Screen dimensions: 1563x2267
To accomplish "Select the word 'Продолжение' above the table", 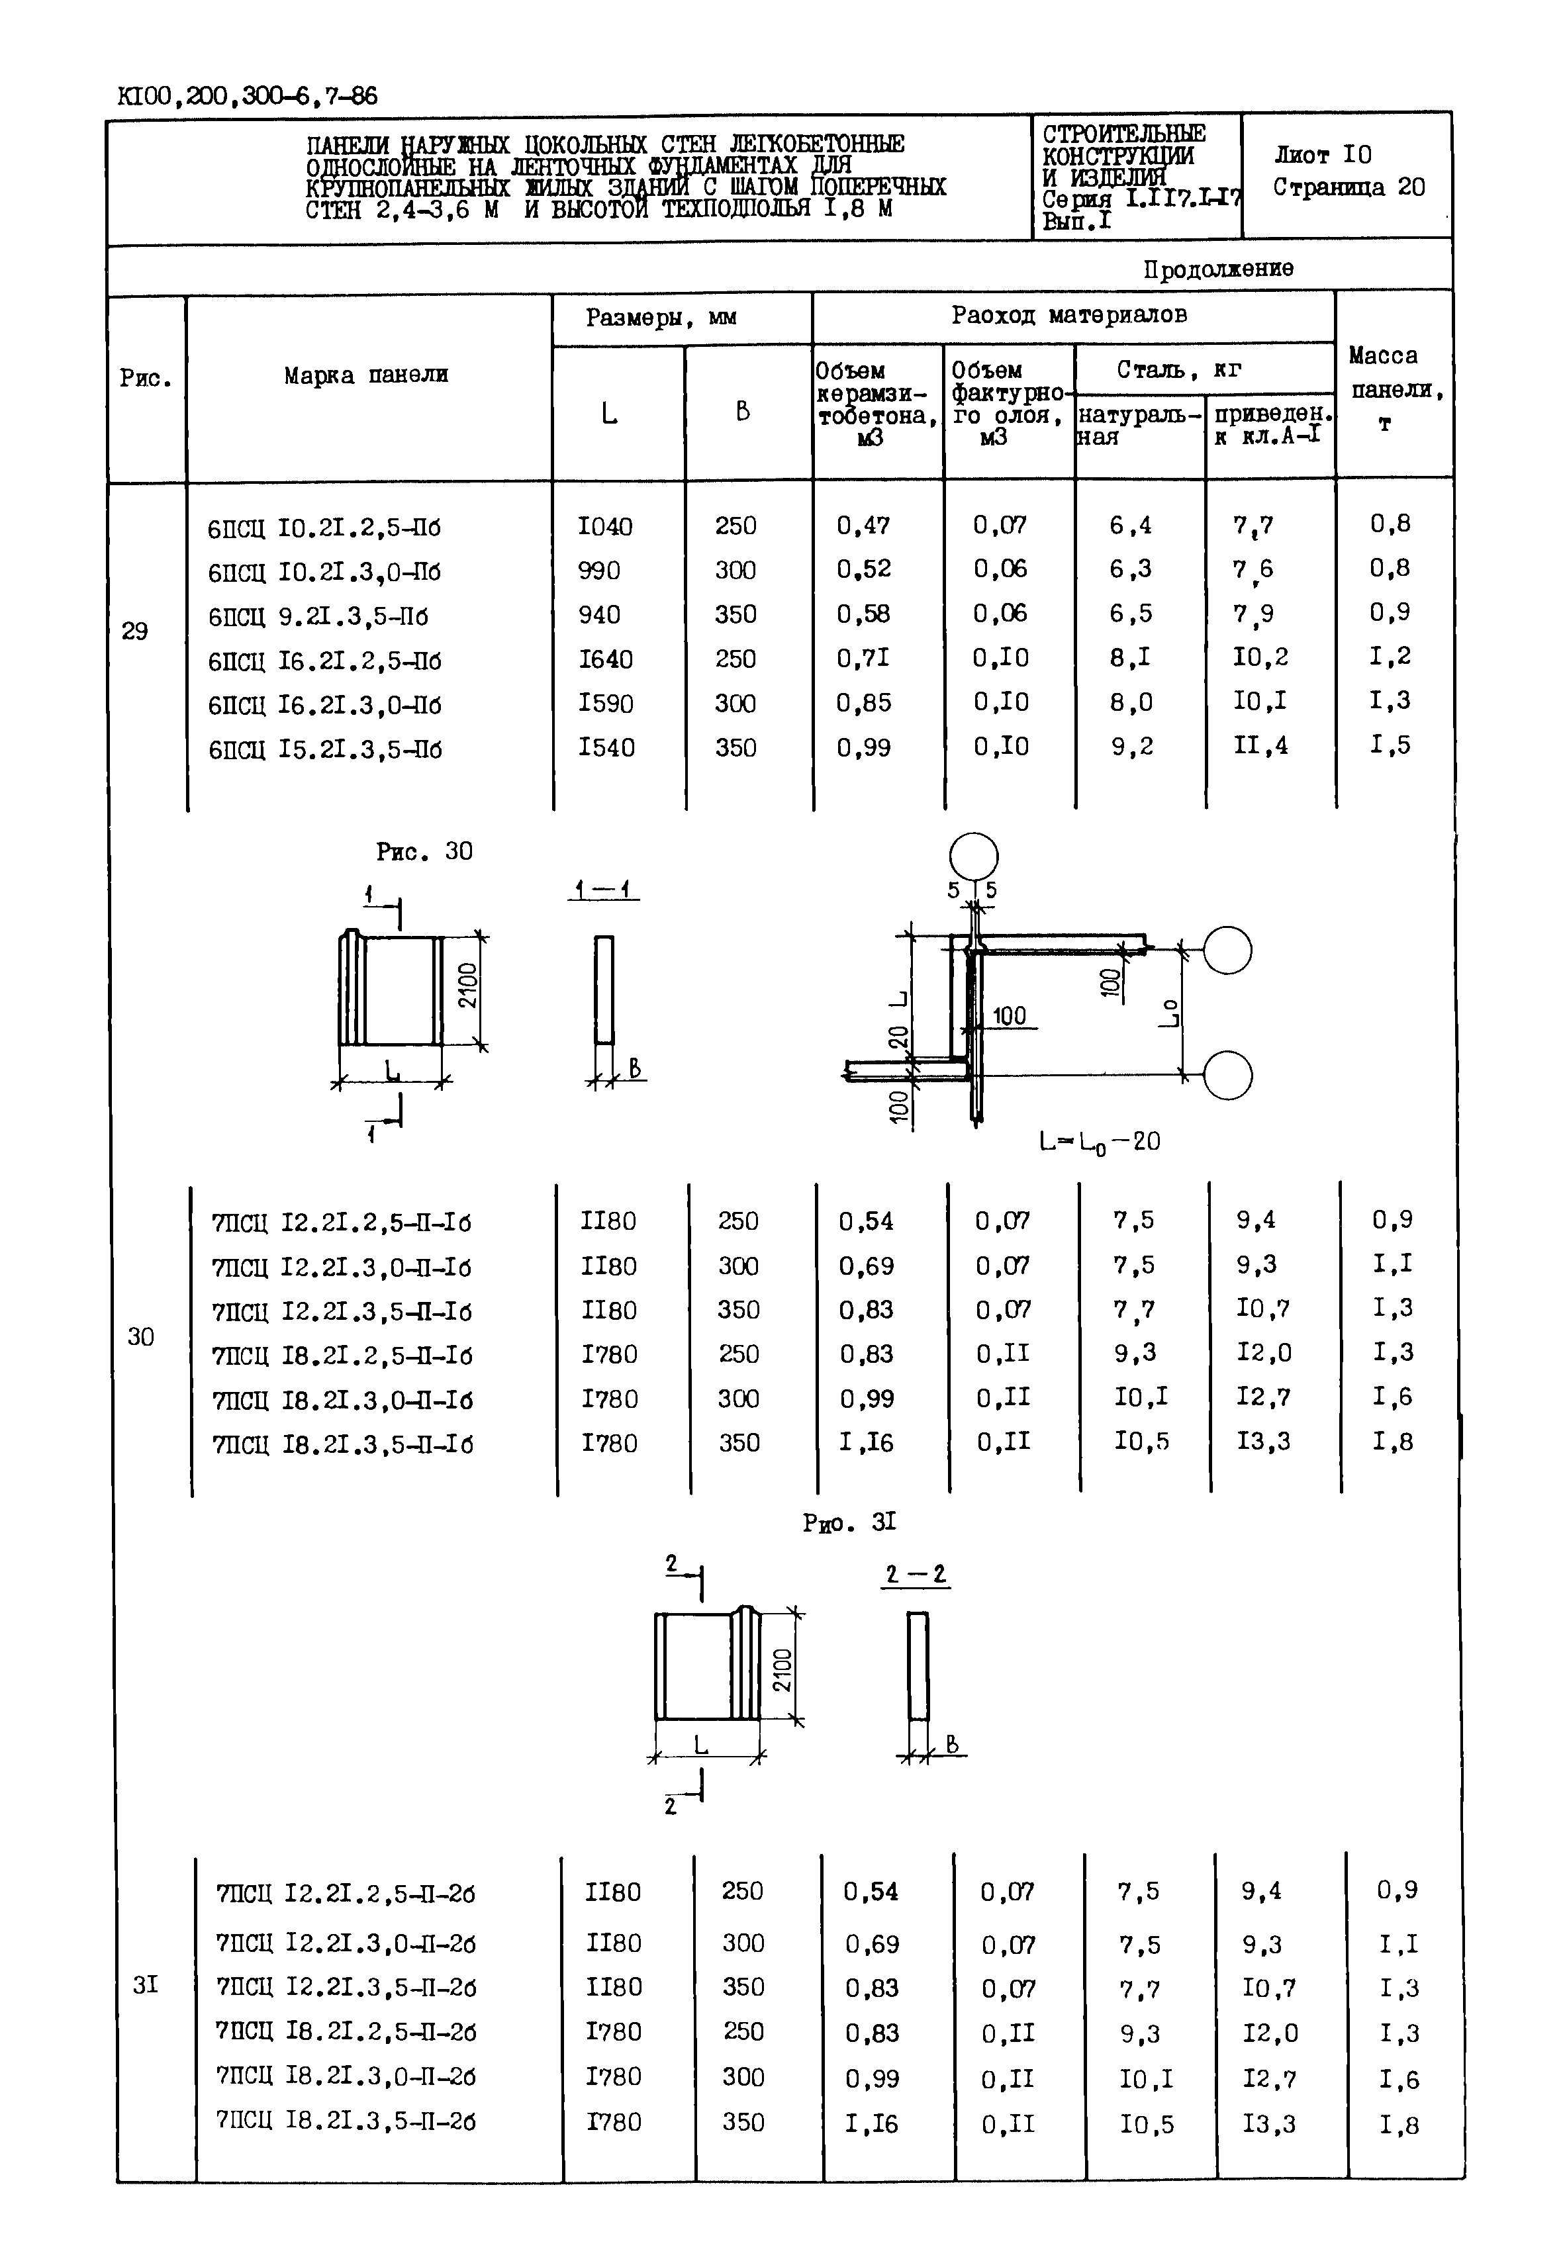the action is [x=1217, y=268].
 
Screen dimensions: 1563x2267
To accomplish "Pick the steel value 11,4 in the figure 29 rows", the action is [x=1260, y=746].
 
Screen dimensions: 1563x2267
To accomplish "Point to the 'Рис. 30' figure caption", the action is [x=424, y=852].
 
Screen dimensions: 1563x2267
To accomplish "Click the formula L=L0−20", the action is [x=1099, y=1142].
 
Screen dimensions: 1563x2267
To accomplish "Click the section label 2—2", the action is [x=916, y=1575].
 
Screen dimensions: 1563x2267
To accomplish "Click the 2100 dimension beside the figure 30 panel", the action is [x=467, y=985].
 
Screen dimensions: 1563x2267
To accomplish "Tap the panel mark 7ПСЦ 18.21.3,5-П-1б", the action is [x=342, y=1444].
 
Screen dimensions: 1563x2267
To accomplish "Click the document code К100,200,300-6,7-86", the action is [x=247, y=96].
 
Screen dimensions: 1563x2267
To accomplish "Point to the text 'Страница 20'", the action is [x=1349, y=187].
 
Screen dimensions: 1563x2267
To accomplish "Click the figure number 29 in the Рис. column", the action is [x=135, y=631].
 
